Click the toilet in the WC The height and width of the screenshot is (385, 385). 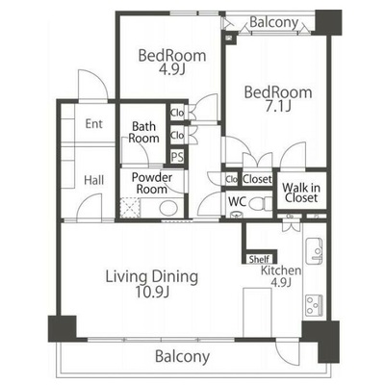[261, 203]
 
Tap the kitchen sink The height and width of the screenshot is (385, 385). [314, 251]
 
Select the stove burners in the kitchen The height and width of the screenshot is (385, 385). [314, 306]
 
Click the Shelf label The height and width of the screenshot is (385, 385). [259, 259]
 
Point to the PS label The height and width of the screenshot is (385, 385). [177, 157]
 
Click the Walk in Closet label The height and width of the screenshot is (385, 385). [301, 192]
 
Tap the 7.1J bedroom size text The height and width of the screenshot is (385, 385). [278, 107]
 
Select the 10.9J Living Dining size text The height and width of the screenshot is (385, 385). [152, 292]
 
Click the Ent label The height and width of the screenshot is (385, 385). [94, 124]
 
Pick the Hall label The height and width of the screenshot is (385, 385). [94, 180]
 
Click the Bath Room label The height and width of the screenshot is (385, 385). [143, 133]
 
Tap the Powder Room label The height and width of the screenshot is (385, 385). [152, 183]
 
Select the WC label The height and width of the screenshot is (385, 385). [238, 201]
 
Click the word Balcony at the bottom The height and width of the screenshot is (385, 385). [183, 356]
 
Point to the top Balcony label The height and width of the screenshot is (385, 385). [273, 22]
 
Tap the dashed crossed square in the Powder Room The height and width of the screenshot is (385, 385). [130, 208]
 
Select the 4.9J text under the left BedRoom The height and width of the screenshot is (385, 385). [172, 69]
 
